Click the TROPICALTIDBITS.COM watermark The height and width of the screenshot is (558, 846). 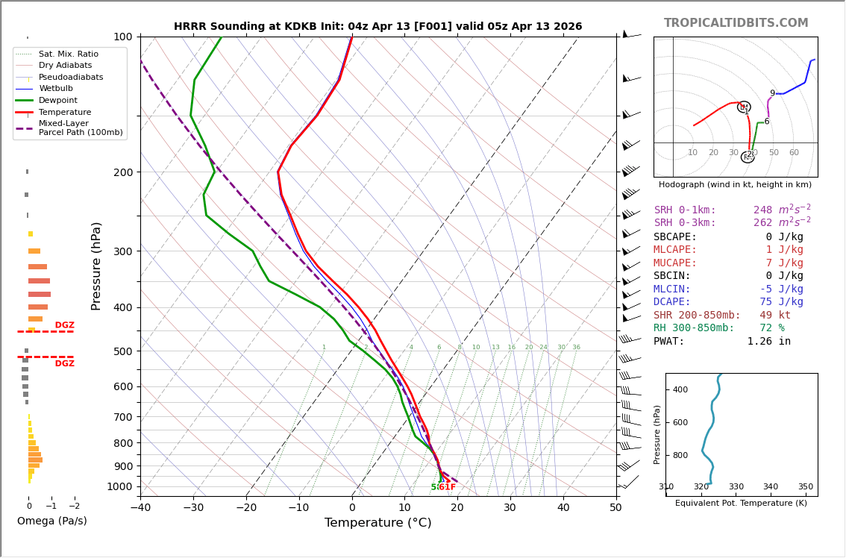tap(736, 23)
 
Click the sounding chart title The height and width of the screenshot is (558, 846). tap(377, 27)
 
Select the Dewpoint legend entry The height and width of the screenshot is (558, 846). tap(57, 100)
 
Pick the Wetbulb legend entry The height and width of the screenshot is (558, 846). tap(55, 89)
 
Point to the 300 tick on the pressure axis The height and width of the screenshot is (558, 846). tap(122, 251)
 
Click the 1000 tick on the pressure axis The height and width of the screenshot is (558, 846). tap(119, 486)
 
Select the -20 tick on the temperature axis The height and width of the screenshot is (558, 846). tap(245, 508)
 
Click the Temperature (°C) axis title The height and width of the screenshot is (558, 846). tap(377, 523)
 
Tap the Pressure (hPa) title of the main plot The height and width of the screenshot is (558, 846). tap(96, 266)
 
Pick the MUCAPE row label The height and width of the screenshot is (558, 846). tap(676, 263)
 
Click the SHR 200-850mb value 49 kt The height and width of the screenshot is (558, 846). tap(775, 316)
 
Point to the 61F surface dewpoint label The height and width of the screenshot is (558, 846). tap(447, 487)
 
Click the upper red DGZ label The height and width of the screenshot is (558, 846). tap(64, 325)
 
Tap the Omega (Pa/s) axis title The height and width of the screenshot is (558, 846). tap(52, 521)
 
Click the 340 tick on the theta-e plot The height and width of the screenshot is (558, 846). tap(771, 486)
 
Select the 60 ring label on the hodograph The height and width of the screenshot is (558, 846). tap(794, 153)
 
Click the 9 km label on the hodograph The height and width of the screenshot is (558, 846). tap(772, 93)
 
